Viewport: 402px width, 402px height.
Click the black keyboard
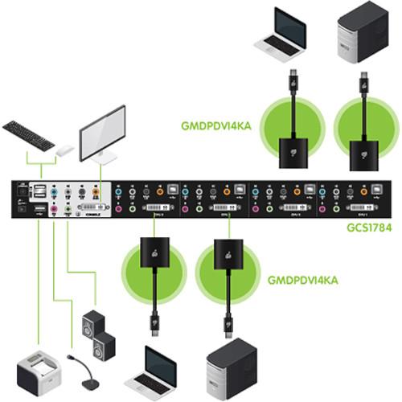[27, 133]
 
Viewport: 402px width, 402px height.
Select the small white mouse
[64, 150]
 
